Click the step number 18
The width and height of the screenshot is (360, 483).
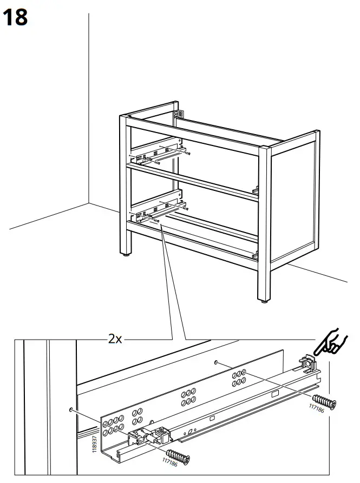tap(15, 17)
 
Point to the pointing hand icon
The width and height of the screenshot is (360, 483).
tap(330, 341)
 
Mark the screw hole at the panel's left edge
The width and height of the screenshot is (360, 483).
tap(71, 410)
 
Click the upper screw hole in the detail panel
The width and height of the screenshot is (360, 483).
tap(215, 362)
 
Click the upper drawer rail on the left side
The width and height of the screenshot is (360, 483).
tap(157, 154)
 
